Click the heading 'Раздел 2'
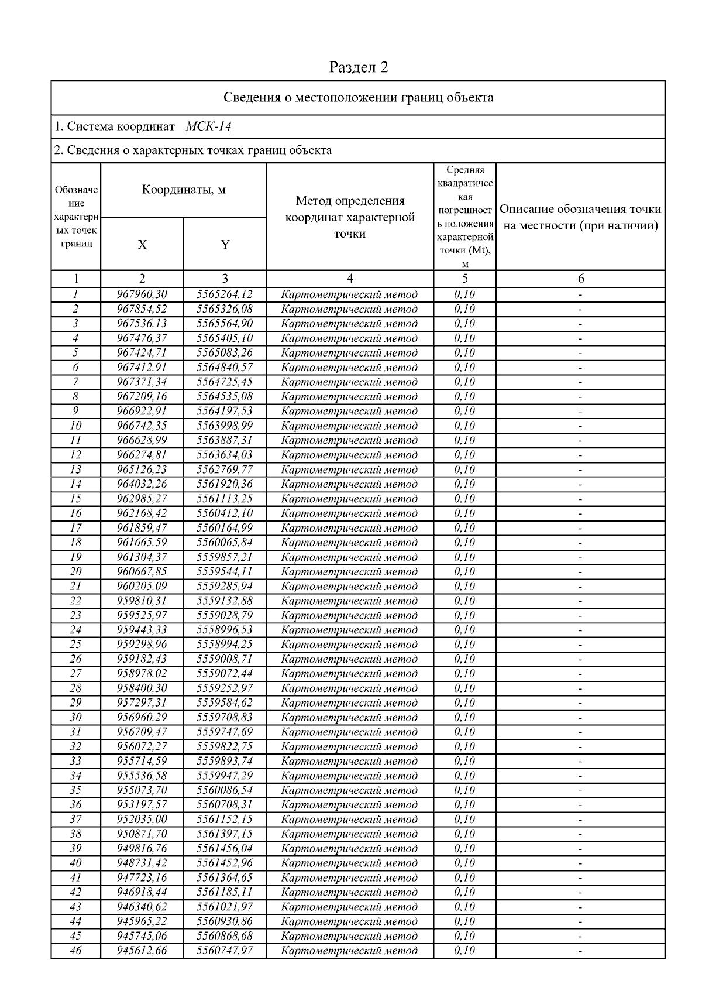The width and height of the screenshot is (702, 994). (x=359, y=67)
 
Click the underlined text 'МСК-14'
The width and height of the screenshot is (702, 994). (x=209, y=126)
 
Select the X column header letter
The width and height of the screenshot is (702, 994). (x=142, y=245)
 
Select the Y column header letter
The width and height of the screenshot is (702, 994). (x=225, y=245)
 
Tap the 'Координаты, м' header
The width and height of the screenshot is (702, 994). (x=184, y=190)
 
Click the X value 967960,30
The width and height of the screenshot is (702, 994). (x=142, y=294)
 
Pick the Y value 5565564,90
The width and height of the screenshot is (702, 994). (x=225, y=324)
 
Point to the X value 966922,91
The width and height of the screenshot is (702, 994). (x=142, y=411)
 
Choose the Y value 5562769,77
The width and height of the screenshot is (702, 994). (x=225, y=469)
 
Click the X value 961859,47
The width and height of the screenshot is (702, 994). (x=142, y=527)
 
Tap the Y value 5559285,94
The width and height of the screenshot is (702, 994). (x=225, y=586)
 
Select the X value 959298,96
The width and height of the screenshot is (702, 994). (x=142, y=645)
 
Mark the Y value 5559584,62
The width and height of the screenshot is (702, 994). (x=225, y=702)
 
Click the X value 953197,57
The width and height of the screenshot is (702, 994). (x=142, y=805)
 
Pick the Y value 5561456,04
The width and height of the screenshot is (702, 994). (x=225, y=848)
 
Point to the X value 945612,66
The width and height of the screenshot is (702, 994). (x=142, y=951)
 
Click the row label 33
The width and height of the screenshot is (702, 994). (x=75, y=761)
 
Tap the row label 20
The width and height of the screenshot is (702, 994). (x=75, y=571)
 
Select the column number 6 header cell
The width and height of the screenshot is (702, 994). (x=580, y=279)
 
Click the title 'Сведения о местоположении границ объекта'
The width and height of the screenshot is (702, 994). (x=359, y=97)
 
